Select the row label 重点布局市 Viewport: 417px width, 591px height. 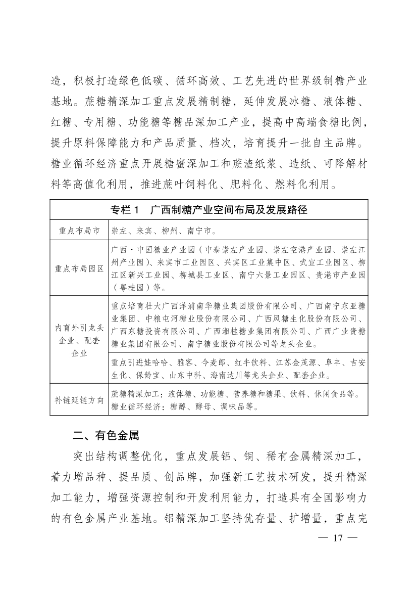tap(78, 231)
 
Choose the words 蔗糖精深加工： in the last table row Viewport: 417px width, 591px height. tap(136, 393)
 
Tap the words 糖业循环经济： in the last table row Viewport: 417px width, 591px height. tap(136, 406)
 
